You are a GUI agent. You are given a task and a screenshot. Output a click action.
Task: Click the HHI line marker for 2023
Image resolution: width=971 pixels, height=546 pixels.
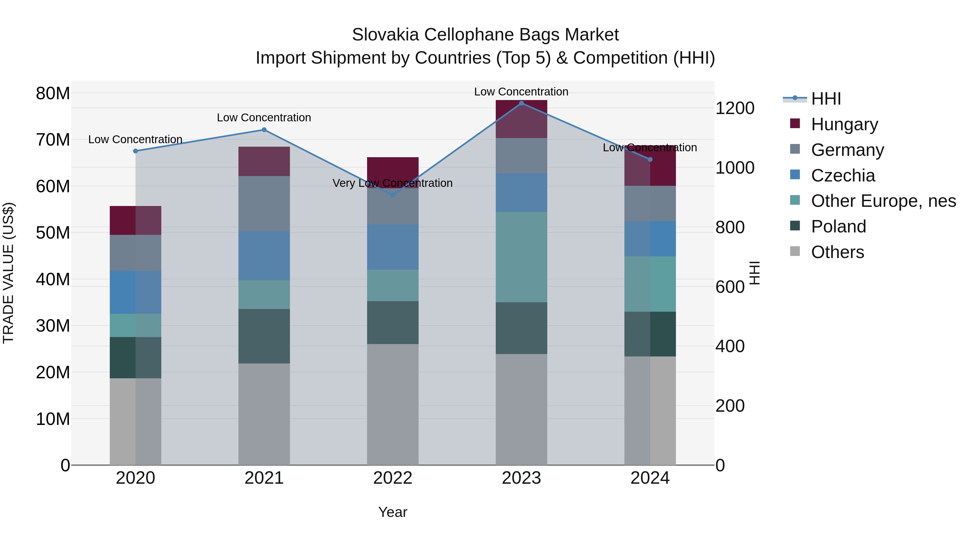point(521,103)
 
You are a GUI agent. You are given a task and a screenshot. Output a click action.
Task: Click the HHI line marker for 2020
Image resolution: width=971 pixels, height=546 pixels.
point(136,151)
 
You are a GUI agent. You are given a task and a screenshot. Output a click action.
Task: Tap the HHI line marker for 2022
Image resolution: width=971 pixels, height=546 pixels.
point(393,195)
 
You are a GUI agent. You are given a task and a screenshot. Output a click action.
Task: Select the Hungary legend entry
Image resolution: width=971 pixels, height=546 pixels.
point(844,124)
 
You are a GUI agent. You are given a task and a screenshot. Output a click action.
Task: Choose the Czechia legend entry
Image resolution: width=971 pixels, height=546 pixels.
point(843,175)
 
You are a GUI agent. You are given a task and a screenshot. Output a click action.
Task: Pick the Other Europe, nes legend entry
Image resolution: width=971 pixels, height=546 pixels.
point(883,201)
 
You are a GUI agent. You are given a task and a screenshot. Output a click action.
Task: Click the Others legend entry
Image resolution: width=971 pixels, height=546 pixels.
point(837,252)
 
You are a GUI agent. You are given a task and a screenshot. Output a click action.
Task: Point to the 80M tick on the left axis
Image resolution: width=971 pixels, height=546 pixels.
point(53,94)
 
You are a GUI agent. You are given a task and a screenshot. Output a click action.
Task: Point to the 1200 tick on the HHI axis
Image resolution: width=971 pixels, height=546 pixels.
point(735,108)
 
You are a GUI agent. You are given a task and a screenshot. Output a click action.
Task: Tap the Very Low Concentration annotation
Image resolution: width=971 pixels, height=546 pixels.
point(392,183)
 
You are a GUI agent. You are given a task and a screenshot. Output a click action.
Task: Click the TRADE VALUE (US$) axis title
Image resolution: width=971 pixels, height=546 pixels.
point(8,273)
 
